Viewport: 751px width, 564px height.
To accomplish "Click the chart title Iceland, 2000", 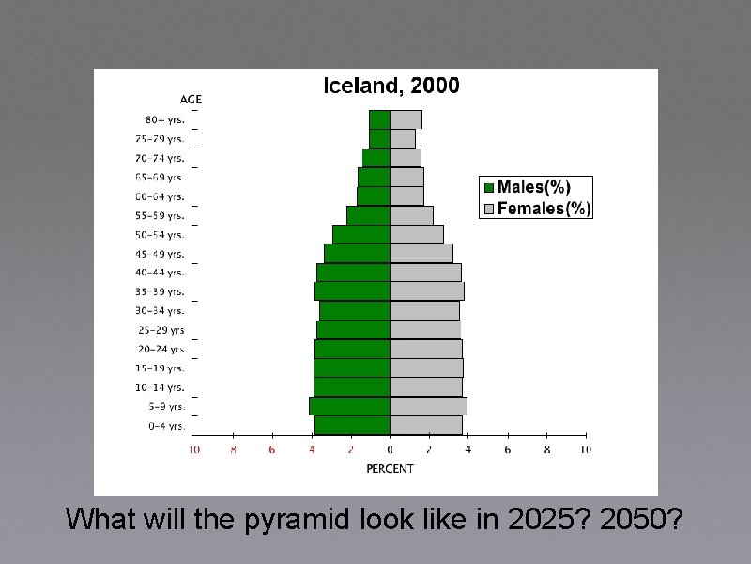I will pyautogui.click(x=391, y=86).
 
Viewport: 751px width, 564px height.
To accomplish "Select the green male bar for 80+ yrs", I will pyautogui.click(x=379, y=119).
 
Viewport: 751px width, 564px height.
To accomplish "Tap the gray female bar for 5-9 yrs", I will pyautogui.click(x=428, y=406).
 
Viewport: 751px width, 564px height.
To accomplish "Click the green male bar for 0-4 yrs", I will pyautogui.click(x=352, y=425).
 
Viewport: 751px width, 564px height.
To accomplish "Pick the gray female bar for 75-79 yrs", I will pyautogui.click(x=403, y=138).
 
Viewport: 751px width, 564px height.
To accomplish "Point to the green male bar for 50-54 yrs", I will pyautogui.click(x=361, y=234).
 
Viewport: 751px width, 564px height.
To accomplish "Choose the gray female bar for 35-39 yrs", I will pyautogui.click(x=426, y=291).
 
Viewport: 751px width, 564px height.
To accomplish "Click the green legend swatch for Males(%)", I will pyautogui.click(x=488, y=187).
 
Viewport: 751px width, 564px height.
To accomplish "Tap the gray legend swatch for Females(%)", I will pyautogui.click(x=488, y=209).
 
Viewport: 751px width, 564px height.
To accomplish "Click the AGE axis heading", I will pyautogui.click(x=191, y=100).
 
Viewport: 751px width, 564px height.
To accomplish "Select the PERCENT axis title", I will pyautogui.click(x=390, y=468).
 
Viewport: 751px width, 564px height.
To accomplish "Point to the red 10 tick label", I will pyautogui.click(x=194, y=450).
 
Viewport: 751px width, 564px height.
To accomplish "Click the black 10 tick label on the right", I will pyautogui.click(x=585, y=450).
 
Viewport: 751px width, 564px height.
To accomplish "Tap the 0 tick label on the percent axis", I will pyautogui.click(x=391, y=450).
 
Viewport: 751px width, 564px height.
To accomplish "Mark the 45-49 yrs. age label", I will pyautogui.click(x=160, y=254).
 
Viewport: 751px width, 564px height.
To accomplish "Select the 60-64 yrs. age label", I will pyautogui.click(x=160, y=196).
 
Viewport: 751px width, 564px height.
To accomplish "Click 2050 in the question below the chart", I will pyautogui.click(x=643, y=519).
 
